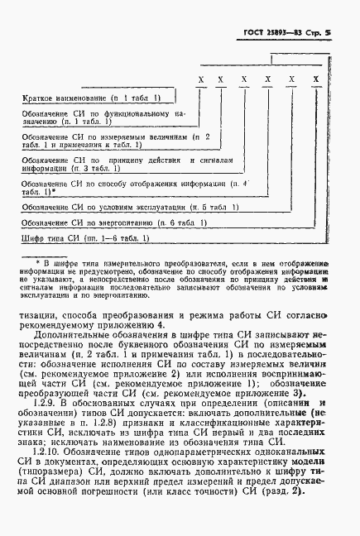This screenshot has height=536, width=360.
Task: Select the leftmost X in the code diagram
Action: click(x=201, y=80)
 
